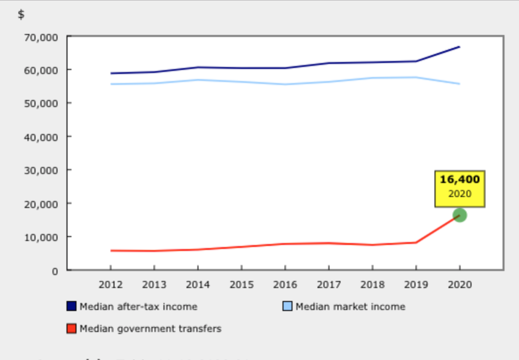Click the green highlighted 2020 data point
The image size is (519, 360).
point(459,215)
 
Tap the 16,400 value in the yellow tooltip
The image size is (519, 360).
point(459,179)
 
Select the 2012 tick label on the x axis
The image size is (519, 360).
point(110,285)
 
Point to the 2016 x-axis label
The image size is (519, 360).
point(285,285)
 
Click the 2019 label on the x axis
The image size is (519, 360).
point(416,285)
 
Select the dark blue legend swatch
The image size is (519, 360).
point(71,306)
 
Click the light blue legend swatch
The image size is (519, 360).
point(287,306)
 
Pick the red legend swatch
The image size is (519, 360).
point(71,328)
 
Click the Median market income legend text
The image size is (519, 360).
point(350,306)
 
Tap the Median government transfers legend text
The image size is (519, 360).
point(150,328)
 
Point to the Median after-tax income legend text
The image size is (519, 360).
point(138,306)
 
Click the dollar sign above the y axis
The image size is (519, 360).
point(21,14)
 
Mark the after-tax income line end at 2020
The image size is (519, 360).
point(459,47)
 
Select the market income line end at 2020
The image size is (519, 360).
point(459,83)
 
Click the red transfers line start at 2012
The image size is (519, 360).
point(111,250)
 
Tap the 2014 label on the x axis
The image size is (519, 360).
point(198,285)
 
